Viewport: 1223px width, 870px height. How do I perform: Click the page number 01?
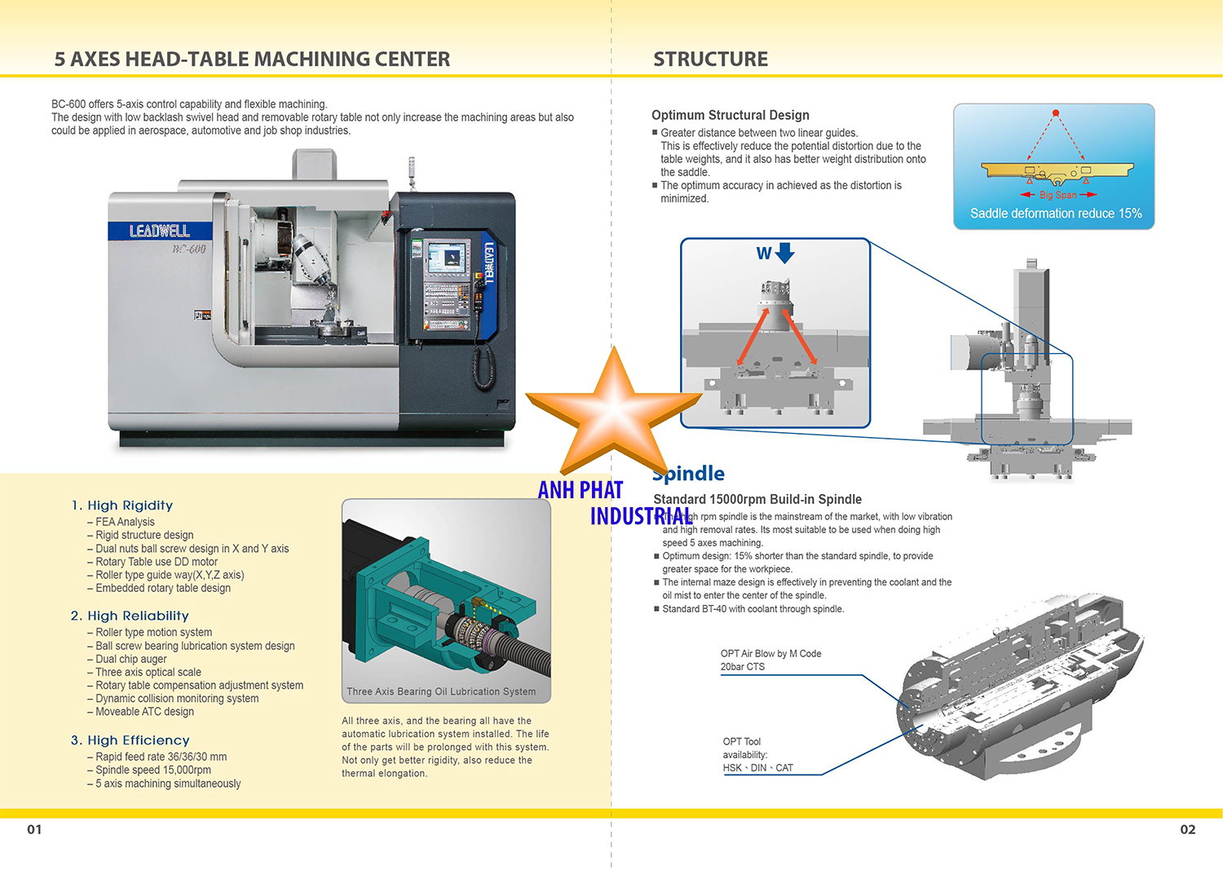point(34,829)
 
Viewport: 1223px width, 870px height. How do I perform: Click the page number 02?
point(1187,829)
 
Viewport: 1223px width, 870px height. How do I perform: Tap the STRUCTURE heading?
point(710,60)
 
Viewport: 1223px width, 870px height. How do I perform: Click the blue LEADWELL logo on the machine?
point(160,232)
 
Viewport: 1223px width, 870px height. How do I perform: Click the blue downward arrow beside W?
point(784,253)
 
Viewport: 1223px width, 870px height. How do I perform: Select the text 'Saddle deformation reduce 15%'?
point(1055,214)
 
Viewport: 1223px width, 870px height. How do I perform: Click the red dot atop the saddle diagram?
point(1056,113)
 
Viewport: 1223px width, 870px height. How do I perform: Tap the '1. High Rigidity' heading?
point(121,506)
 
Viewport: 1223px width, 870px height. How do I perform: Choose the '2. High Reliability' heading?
point(130,616)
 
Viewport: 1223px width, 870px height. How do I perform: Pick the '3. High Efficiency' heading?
point(130,740)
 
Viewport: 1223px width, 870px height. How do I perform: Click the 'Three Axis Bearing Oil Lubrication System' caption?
point(441,691)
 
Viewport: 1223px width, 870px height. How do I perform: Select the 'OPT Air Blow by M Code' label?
point(770,654)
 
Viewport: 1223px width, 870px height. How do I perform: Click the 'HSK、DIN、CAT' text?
point(757,768)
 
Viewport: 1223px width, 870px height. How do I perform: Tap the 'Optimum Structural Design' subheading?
point(731,115)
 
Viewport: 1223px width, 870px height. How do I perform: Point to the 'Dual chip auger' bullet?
point(130,659)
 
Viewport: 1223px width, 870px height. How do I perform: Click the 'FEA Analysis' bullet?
point(125,522)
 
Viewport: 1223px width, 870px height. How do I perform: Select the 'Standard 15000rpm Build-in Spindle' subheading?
point(757,499)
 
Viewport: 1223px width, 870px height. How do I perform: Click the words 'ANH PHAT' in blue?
point(580,490)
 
